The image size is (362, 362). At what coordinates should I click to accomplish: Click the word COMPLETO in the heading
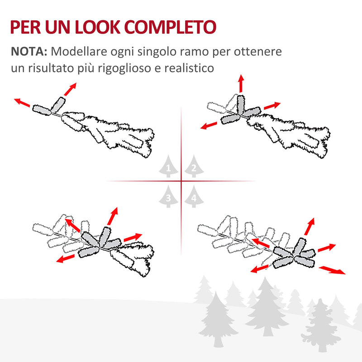point(170,27)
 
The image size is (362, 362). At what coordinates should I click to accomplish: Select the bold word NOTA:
point(29,51)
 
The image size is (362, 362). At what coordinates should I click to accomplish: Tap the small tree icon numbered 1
point(168,167)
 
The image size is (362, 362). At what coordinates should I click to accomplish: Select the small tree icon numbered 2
point(193,167)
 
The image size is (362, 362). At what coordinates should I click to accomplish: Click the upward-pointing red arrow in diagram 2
point(241,84)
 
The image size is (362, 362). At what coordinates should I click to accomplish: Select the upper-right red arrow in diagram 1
point(70,89)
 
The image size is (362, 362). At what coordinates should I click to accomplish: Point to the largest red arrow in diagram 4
point(332,270)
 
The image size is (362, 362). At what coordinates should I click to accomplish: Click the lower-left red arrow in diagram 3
point(66,258)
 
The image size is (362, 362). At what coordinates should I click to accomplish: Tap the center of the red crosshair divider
point(181,181)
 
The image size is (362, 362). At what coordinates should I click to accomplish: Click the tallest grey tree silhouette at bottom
point(267,308)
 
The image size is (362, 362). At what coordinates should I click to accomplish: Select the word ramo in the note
point(208,51)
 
